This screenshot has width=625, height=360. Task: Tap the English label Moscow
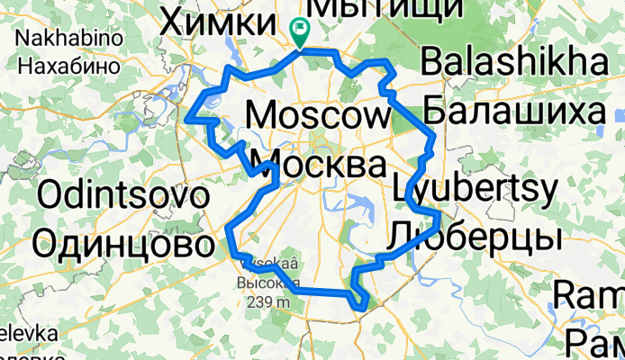pyautogui.click(x=315, y=115)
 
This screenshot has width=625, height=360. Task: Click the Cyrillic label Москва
pyautogui.click(x=318, y=165)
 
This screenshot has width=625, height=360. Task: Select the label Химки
pyautogui.click(x=215, y=22)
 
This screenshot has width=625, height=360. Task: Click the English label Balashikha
pyautogui.click(x=514, y=63)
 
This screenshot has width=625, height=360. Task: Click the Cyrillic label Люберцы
pyautogui.click(x=476, y=237)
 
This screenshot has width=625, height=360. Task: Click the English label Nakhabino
pyautogui.click(x=61, y=39)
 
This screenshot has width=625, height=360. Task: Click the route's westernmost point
pyautogui.click(x=187, y=117)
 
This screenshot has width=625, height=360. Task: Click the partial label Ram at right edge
pyautogui.click(x=589, y=294)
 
